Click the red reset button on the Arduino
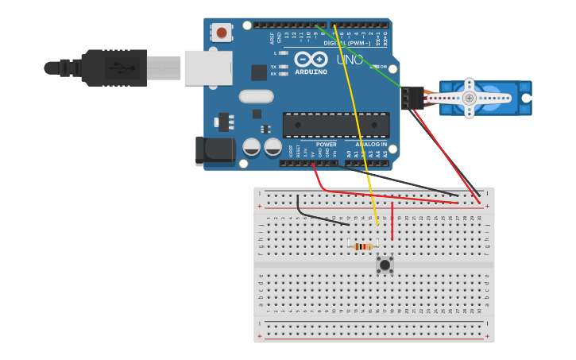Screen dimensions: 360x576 (x=222, y=33)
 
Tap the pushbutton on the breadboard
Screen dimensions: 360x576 (x=385, y=265)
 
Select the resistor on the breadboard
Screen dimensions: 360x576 (x=363, y=246)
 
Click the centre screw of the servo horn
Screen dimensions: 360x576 (x=470, y=98)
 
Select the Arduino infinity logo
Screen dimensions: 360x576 (x=311, y=59)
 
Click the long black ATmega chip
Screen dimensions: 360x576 (x=336, y=125)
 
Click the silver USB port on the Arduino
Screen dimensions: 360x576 (x=208, y=68)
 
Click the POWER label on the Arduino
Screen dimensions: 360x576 (x=326, y=144)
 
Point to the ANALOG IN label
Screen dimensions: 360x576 (x=371, y=144)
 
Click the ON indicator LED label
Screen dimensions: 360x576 (x=382, y=67)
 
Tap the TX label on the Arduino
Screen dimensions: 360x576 (x=273, y=67)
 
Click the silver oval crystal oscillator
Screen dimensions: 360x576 (x=256, y=96)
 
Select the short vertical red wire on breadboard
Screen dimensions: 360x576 (x=392, y=220)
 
